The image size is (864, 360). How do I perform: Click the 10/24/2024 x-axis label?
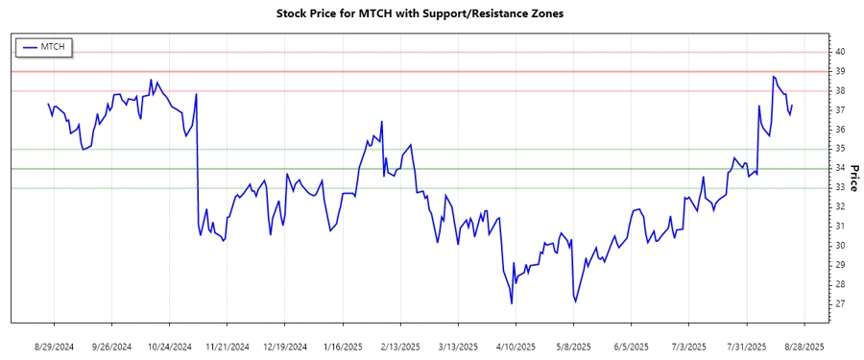[170, 346]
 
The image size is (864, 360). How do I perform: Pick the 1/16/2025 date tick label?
[343, 346]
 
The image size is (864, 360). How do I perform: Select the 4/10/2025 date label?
[516, 346]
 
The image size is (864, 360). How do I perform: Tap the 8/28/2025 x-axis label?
[804, 346]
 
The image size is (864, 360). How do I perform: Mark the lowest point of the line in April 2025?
[512, 303]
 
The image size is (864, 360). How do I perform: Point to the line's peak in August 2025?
[773, 76]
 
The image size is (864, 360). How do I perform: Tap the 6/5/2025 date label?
[631, 346]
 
